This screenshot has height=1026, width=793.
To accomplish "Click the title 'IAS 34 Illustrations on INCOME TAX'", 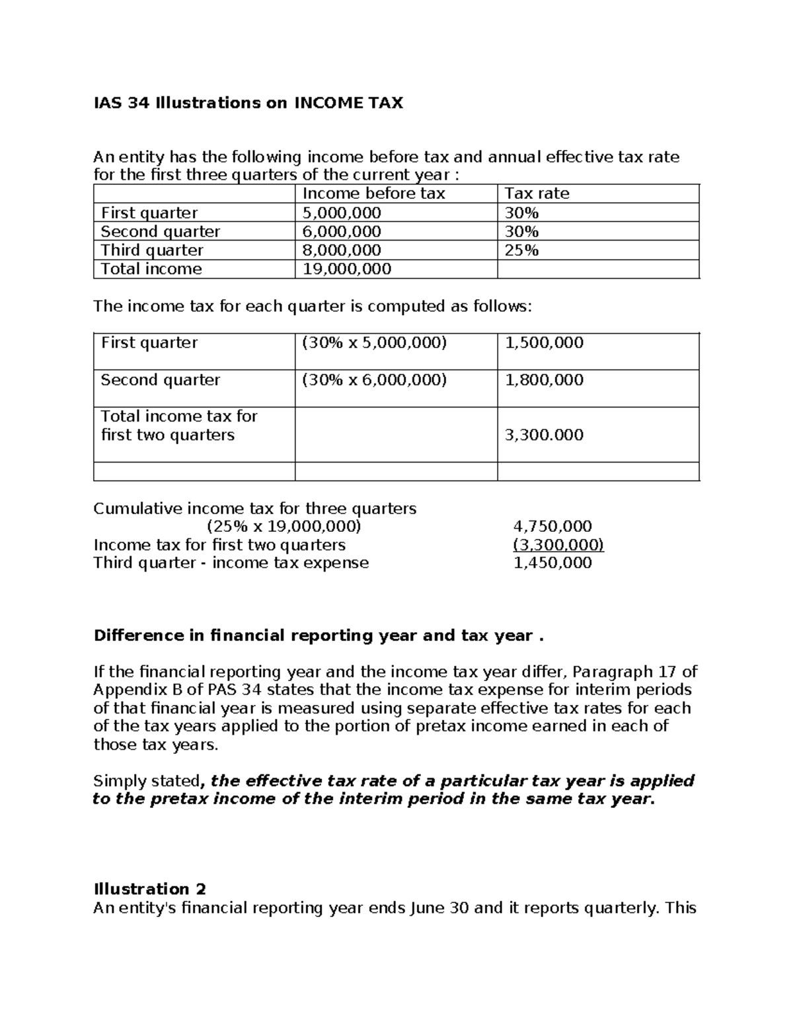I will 248,103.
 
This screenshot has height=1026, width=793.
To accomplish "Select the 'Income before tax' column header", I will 373,194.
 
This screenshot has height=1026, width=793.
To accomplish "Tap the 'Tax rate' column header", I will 537,194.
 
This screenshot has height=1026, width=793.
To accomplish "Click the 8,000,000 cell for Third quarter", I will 342,250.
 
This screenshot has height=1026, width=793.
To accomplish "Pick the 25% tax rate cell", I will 521,250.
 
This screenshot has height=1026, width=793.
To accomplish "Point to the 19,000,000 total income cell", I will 347,269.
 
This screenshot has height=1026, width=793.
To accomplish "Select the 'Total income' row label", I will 151,269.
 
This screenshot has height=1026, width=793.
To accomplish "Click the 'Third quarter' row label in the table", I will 152,250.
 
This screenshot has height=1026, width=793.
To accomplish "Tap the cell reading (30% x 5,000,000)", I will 374,343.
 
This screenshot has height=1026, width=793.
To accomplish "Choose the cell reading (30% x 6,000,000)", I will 374,380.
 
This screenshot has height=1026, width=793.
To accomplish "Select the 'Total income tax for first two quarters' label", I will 178,425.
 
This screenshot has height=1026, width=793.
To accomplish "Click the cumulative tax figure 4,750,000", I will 552,527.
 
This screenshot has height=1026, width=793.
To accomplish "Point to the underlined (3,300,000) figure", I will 558,545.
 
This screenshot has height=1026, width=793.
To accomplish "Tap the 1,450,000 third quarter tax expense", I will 552,563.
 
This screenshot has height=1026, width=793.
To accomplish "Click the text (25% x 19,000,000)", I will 284,527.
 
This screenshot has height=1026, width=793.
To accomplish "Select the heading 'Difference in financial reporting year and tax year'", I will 319,636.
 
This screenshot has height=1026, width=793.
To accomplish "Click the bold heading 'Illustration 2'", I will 150,889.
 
